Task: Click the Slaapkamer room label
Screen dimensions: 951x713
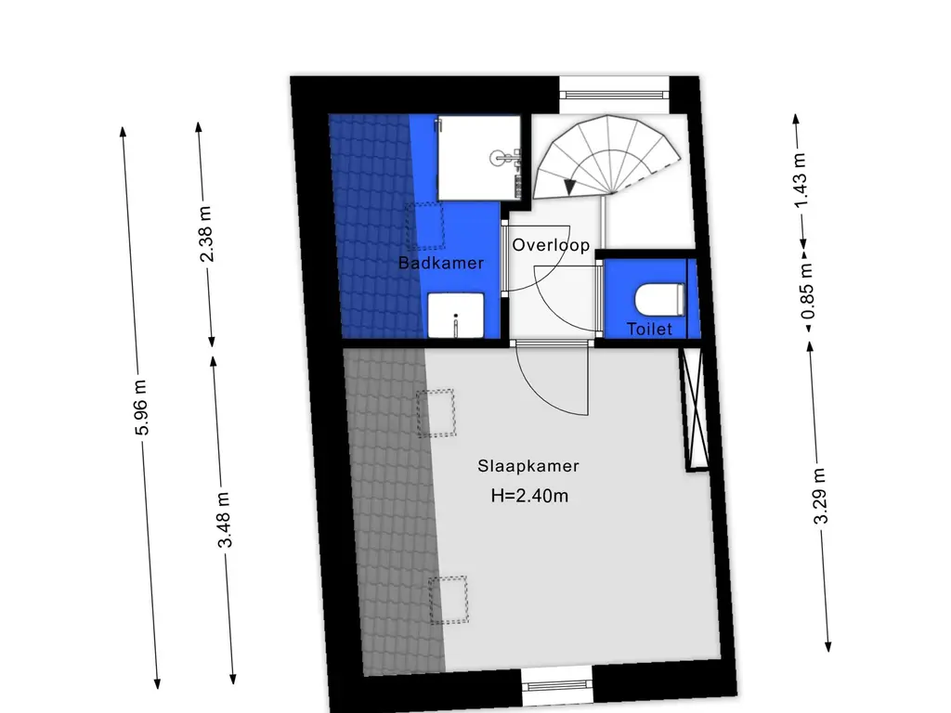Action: pos(528,466)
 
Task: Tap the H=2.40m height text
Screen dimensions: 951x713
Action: pos(529,496)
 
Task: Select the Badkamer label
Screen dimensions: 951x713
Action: pos(441,263)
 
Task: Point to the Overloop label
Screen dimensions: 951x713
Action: pos(551,245)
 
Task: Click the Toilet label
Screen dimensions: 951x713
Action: pos(649,330)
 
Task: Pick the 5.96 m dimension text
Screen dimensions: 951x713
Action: pos(141,408)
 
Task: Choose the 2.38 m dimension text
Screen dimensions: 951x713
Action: pos(206,234)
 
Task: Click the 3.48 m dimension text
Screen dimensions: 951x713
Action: pos(225,520)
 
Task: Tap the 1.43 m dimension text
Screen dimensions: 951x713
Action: pos(800,179)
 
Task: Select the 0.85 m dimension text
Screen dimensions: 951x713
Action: pos(807,292)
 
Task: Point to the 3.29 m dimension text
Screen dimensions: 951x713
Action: pos(819,496)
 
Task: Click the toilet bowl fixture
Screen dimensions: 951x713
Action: pos(660,300)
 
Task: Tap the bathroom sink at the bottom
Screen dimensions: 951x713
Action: pos(456,316)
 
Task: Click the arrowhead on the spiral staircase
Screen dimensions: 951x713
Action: pos(569,188)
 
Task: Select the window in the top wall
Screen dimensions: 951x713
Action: pos(614,95)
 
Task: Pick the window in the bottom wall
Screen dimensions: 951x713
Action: pos(557,686)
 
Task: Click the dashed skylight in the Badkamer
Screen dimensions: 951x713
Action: pos(425,226)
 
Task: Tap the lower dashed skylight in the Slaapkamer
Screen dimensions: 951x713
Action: pos(449,600)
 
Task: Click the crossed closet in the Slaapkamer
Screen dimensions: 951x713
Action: pos(695,409)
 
